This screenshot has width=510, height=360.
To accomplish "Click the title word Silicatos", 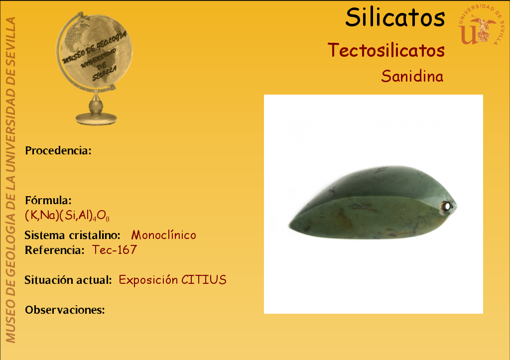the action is pos(395,17).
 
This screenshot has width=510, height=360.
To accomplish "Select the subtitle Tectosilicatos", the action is pos(386,50).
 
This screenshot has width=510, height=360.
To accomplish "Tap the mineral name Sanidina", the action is pos(412,76).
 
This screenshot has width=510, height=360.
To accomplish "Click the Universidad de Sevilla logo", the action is pos(481,24).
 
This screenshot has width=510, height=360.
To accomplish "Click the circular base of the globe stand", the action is pos(96,119).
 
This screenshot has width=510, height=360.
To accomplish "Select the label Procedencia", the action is pos(58,150).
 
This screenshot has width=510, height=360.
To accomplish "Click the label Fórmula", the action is pos(48,200).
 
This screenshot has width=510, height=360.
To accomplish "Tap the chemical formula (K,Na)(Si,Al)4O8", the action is pos(67,216).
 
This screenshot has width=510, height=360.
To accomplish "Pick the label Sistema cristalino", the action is pos(73,235).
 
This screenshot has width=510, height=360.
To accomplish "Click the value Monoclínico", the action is pos(163,235).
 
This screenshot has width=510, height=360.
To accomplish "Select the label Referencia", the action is pos(55,250).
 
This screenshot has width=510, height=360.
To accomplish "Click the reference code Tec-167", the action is pos(115,250).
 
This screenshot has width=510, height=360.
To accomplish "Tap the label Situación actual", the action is pos(68,280).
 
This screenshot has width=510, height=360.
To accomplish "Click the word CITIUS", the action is pos(204,280).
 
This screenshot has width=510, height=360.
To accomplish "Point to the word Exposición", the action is pos(148,280).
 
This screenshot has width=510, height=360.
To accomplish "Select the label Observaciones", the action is pos(65,310).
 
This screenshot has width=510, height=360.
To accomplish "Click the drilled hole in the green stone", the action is pos(447,206).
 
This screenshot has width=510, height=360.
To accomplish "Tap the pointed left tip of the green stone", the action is pos(289,225).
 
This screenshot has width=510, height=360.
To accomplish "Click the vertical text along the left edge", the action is pos(10,180).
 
